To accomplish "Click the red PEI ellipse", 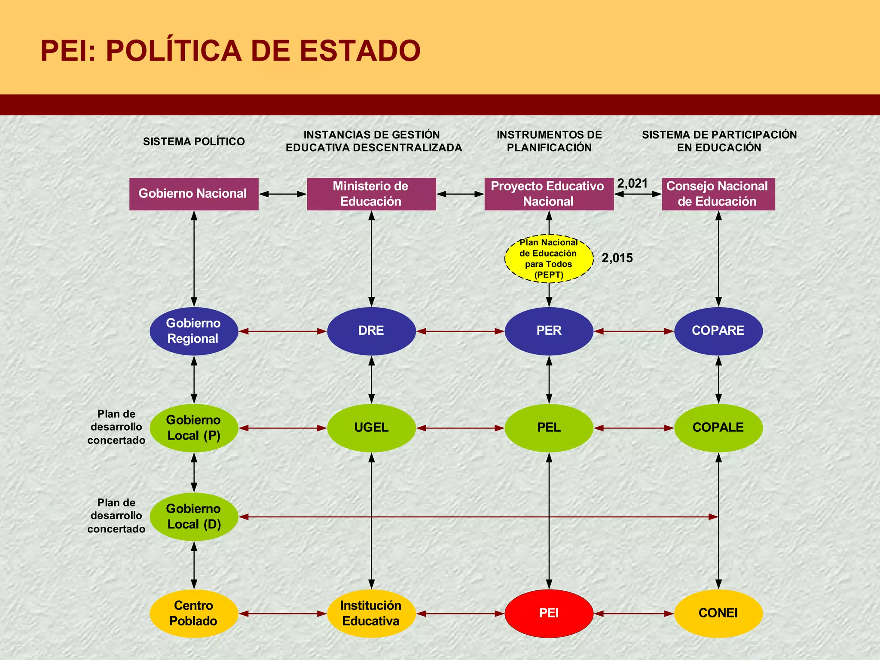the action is click(x=549, y=613).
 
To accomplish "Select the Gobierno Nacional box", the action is click(x=194, y=194).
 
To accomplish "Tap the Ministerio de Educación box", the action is click(x=371, y=194).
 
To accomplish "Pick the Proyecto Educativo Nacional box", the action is click(x=549, y=194).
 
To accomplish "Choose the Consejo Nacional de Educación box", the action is click(x=718, y=194).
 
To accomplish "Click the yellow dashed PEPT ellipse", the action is click(x=549, y=259).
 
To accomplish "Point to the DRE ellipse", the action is click(x=371, y=331).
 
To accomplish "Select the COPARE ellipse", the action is click(x=718, y=331).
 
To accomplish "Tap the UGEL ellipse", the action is click(x=371, y=428).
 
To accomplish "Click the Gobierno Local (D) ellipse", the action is click(x=194, y=516).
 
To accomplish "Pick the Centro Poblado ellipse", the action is click(x=194, y=613).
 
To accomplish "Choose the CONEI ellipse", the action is click(x=718, y=613).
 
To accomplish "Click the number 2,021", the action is click(x=632, y=183).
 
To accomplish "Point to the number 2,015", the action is click(x=617, y=258).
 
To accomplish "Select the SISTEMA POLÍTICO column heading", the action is click(x=194, y=141).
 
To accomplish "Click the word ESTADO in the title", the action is click(x=360, y=51).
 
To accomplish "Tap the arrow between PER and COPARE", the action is click(x=634, y=331).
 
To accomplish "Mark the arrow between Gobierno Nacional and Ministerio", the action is click(x=283, y=194).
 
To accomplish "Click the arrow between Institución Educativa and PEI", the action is click(x=460, y=614).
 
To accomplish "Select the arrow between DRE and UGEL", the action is click(x=372, y=379).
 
